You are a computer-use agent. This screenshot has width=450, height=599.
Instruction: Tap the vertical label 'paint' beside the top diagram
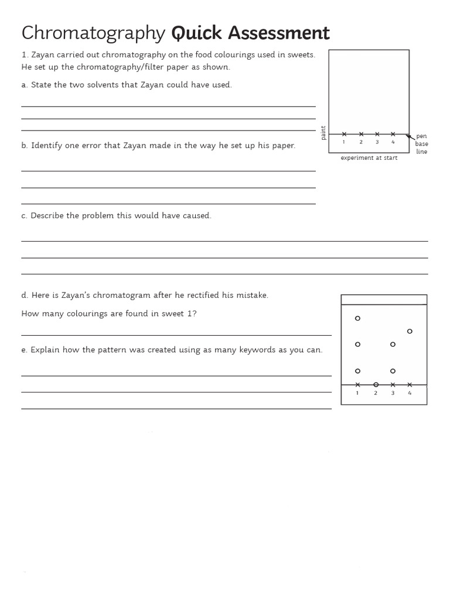click(323, 133)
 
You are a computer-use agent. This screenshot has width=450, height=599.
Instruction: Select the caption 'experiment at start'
click(369, 158)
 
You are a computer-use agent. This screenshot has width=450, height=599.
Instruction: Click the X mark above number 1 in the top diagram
click(344, 134)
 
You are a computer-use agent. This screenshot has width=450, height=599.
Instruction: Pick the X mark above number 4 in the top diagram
click(393, 134)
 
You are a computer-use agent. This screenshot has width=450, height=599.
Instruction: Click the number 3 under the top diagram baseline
click(377, 142)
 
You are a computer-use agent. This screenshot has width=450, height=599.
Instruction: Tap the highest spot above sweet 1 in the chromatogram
click(357, 318)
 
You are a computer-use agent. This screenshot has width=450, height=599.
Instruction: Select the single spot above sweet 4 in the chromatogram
click(410, 331)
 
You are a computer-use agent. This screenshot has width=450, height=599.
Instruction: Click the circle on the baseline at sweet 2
click(376, 384)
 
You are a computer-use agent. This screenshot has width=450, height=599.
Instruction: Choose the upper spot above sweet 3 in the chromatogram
click(393, 344)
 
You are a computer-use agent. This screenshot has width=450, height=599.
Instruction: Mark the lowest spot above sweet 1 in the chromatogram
click(357, 371)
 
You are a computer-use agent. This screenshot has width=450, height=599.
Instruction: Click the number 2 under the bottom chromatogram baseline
click(376, 393)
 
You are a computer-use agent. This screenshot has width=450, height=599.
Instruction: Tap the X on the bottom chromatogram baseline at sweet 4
click(410, 384)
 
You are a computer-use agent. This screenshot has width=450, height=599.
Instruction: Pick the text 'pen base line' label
click(421, 144)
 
